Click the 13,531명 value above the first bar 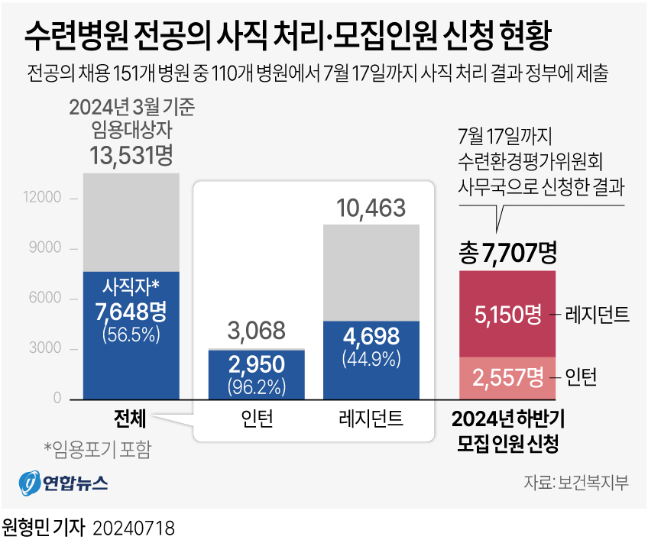[x=131, y=155]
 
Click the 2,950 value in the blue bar [x=257, y=364]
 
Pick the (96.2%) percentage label [x=257, y=386]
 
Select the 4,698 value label [x=371, y=336]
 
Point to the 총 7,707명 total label [x=507, y=252]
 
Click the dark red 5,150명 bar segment [x=507, y=313]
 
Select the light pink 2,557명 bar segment [x=507, y=377]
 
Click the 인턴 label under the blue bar [x=257, y=419]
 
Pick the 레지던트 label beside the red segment [x=598, y=313]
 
